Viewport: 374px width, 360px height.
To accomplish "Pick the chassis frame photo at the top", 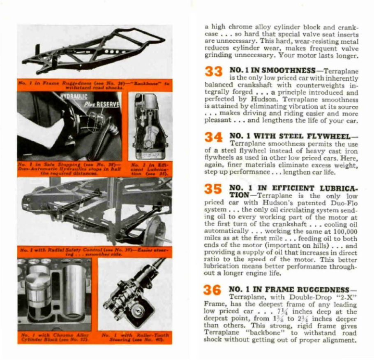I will point(95,51).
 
